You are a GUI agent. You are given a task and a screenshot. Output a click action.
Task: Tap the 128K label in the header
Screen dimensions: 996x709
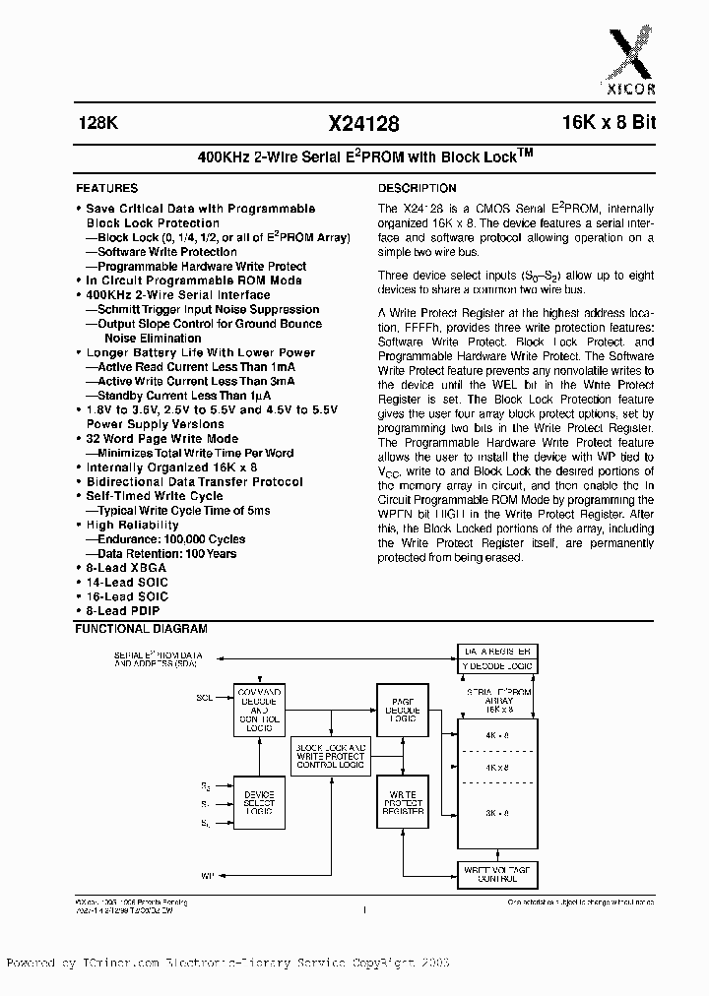[x=97, y=124]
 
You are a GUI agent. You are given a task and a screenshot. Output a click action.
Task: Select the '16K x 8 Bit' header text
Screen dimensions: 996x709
[x=597, y=124]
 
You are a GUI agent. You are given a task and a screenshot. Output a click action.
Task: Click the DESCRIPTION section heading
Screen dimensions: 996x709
[x=418, y=188]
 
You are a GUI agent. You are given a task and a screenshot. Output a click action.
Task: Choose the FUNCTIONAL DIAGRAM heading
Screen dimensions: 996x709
[x=142, y=628]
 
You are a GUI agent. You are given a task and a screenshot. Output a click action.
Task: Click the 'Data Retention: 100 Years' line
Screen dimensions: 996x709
[x=167, y=554]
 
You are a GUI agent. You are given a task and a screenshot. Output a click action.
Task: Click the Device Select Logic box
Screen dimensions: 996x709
[x=258, y=802]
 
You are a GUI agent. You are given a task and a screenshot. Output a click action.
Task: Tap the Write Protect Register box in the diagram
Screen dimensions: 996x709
[x=401, y=802]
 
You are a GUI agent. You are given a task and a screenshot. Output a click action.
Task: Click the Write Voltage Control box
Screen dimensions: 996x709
[x=497, y=873]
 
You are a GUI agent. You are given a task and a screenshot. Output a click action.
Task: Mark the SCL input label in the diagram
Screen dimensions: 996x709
[x=205, y=697]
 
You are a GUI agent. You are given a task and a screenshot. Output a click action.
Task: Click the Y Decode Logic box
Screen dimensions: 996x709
[x=497, y=666]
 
